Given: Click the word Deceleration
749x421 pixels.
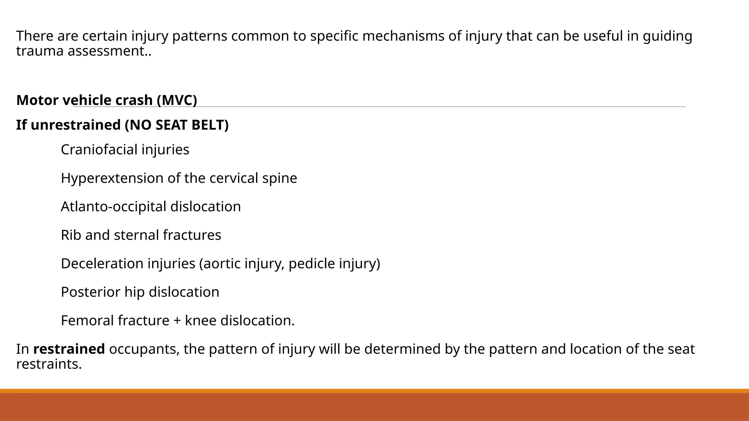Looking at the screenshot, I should click(x=102, y=264).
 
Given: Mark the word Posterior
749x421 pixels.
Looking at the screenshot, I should click(x=90, y=292).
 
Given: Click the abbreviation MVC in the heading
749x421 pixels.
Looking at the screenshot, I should click(x=177, y=100).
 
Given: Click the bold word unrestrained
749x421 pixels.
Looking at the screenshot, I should click(x=76, y=125).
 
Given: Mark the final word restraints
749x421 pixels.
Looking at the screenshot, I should click(x=49, y=364).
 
